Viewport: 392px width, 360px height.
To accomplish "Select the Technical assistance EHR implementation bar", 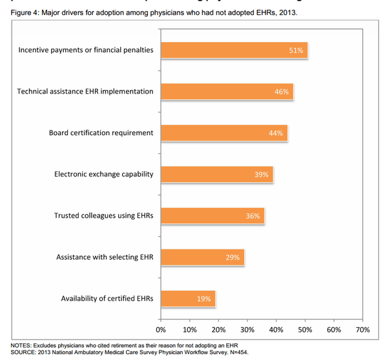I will (227, 91).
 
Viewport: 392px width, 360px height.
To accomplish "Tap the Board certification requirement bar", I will (223, 133).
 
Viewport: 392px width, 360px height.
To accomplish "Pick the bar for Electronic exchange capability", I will (216, 175).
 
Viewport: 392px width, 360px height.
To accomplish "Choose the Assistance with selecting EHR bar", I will (202, 257).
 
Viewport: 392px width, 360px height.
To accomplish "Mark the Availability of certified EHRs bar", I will (188, 299).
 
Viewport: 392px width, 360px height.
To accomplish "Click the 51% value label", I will (296, 50).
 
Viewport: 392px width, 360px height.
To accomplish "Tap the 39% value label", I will (262, 175).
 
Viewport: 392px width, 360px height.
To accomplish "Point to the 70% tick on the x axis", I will (362, 330).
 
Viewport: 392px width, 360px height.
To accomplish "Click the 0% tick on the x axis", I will (161, 330).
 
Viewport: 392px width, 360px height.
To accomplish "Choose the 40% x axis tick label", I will (276, 330).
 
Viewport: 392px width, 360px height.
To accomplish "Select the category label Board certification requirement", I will (101, 133).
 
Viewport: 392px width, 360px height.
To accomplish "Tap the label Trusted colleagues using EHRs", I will (103, 216).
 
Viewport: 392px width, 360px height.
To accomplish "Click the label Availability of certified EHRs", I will (107, 299).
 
